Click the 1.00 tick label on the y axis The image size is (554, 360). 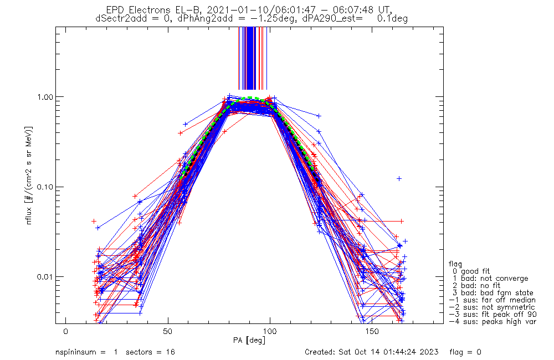[x=44, y=97]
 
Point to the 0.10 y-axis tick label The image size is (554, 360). [x=44, y=187]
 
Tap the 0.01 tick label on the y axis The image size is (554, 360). [x=44, y=276]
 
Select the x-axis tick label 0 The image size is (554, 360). [x=66, y=332]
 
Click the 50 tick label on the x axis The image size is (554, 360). [x=168, y=332]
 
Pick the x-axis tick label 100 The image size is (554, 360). [x=270, y=332]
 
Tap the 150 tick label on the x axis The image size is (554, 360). [x=372, y=332]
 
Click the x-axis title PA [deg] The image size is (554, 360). [x=249, y=341]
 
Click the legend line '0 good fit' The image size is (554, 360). [x=471, y=271]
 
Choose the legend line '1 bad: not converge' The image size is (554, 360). [x=490, y=279]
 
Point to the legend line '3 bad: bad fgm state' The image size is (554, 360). [x=493, y=293]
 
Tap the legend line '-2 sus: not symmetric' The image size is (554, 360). [x=492, y=307]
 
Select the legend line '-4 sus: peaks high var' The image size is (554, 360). [x=493, y=322]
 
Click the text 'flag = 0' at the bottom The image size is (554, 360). [x=465, y=352]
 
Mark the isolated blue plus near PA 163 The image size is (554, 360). [x=399, y=179]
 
